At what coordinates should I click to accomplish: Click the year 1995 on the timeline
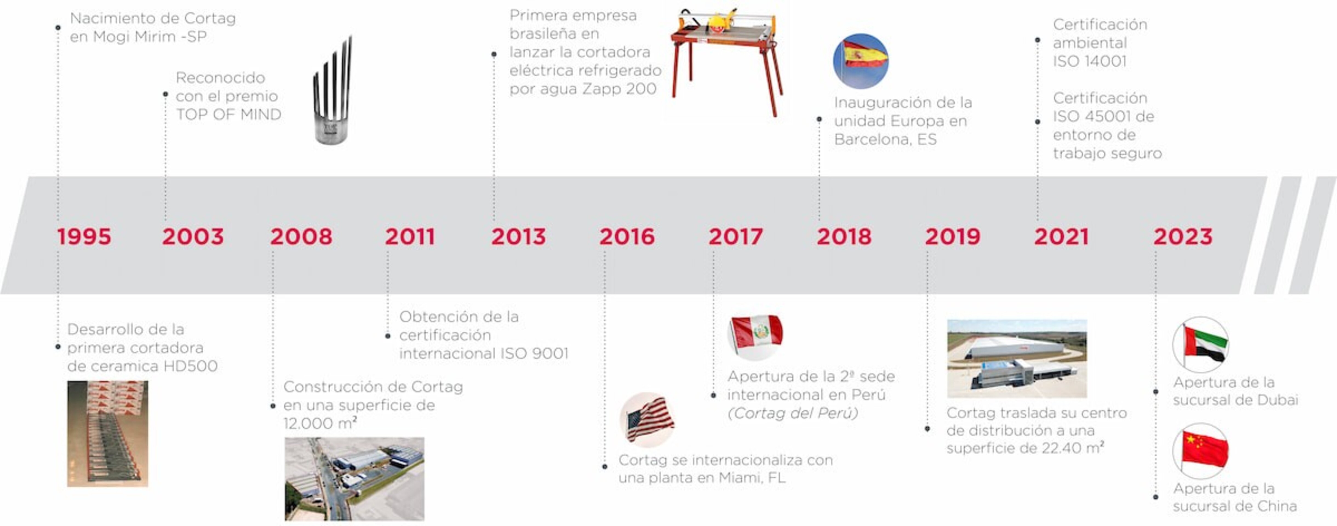tap(84, 237)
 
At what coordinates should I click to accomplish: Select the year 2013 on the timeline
tap(519, 237)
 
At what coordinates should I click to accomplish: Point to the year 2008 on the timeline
tap(301, 237)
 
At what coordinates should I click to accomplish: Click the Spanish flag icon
tap(861, 61)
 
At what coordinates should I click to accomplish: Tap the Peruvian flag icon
tap(756, 335)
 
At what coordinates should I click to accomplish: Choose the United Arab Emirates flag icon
tap(1201, 344)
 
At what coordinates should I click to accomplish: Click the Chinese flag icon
tap(1201, 451)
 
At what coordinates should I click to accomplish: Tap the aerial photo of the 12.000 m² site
tap(354, 479)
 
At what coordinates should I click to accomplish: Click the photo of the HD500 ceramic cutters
tap(107, 434)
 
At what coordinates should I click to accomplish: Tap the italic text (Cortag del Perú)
tap(792, 413)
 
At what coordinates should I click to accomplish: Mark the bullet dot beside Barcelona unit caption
tap(819, 119)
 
